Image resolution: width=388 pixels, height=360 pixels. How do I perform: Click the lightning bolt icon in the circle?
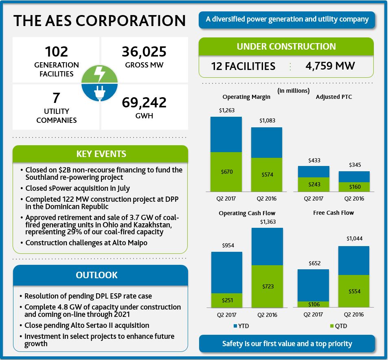tap(100, 74)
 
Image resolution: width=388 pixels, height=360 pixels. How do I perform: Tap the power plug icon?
tap(100, 93)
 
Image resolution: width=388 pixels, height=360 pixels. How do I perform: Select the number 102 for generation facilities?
tap(57, 52)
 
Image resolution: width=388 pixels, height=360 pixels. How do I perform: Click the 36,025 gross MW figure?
tap(144, 52)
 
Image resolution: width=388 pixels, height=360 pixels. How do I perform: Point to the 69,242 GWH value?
tap(144, 102)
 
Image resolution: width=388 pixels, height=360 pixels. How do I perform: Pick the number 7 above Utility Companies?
tap(56, 98)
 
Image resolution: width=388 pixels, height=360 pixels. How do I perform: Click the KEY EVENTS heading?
tap(101, 154)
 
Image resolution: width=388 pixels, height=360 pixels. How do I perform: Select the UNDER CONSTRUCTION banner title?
tap(286, 46)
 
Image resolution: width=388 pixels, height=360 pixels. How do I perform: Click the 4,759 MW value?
tap(330, 66)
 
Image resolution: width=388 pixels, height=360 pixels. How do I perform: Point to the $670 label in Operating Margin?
tap(226, 172)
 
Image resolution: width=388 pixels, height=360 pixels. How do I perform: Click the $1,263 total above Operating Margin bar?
tap(226, 110)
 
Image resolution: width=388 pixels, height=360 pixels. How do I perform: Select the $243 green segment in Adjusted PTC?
tap(313, 184)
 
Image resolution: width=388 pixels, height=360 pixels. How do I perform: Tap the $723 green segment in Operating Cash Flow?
tap(267, 286)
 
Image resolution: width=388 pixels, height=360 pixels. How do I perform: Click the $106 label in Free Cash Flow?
tap(313, 304)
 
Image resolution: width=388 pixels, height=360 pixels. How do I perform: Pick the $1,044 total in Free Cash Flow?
tap(354, 239)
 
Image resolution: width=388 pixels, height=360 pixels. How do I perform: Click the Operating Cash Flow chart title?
tap(247, 213)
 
